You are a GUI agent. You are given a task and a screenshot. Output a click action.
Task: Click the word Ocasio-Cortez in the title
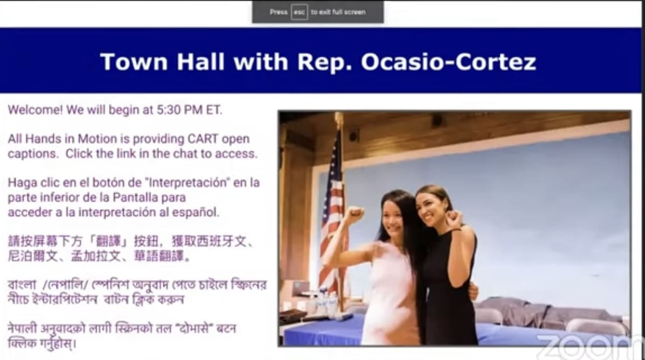pyautogui.click(x=449, y=62)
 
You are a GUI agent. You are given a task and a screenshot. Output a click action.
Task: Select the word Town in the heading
pyautogui.click(x=134, y=62)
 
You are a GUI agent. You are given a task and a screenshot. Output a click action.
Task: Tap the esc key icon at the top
pyautogui.click(x=299, y=12)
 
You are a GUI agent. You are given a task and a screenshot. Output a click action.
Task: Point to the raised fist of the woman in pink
pyautogui.click(x=353, y=215)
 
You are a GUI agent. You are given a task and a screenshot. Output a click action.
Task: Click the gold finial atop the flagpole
pyautogui.click(x=339, y=121)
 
